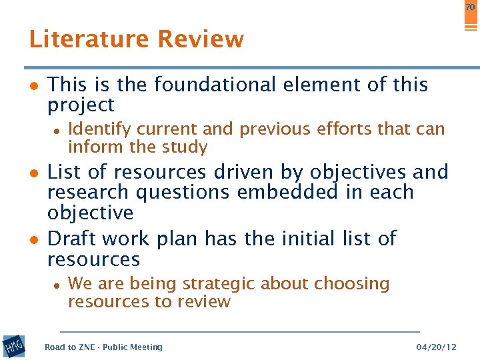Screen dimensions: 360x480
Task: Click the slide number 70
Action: (471, 7)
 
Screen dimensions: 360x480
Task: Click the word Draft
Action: (73, 239)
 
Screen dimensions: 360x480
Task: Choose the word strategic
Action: (215, 284)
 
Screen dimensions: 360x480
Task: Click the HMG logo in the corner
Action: (13, 346)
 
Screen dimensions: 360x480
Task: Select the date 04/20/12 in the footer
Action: (437, 347)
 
